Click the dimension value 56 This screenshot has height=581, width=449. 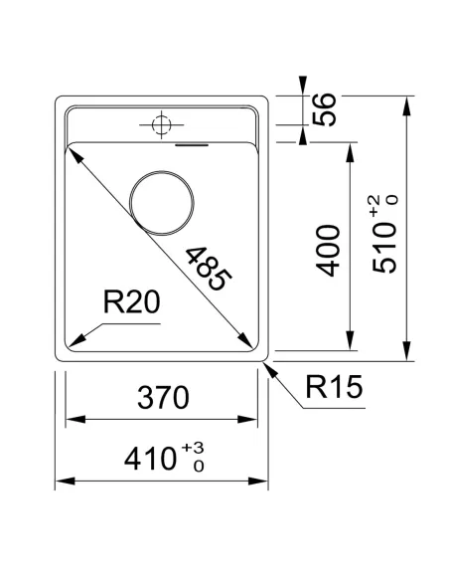click(325, 110)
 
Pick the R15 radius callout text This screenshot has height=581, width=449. click(331, 388)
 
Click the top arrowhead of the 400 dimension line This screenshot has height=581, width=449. click(351, 148)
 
